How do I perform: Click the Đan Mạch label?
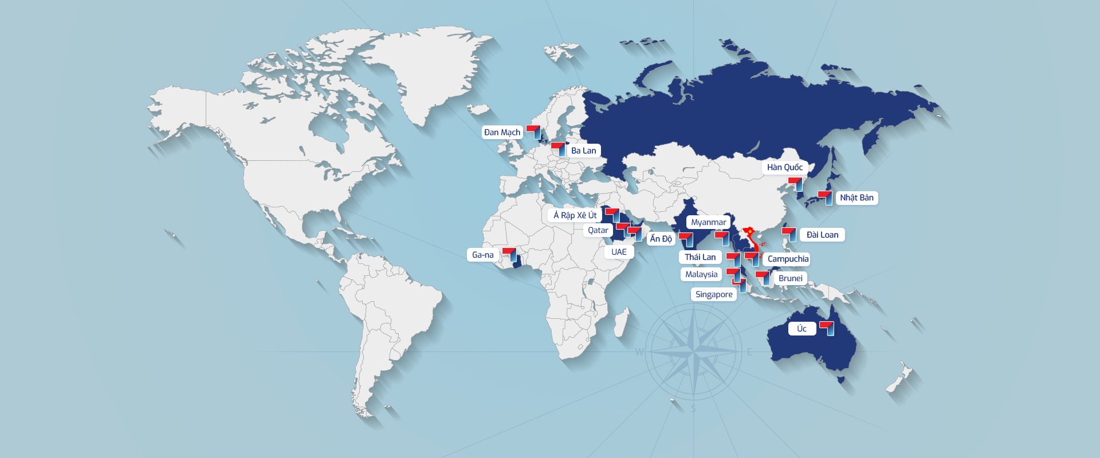click(x=502, y=132)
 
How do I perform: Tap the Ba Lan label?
click(x=583, y=151)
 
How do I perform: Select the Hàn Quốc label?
click(x=784, y=167)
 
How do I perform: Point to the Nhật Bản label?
click(x=857, y=198)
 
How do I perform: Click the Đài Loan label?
click(x=822, y=235)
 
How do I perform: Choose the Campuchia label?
click(x=788, y=259)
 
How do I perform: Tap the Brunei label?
click(x=790, y=278)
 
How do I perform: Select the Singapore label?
click(x=714, y=294)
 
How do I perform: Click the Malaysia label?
click(x=701, y=274)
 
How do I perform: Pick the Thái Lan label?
click(x=700, y=257)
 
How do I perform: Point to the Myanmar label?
click(x=708, y=222)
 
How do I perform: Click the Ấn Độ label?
click(x=661, y=239)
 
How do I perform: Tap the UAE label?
click(x=619, y=252)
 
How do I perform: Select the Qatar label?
click(x=598, y=230)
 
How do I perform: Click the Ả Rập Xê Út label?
click(x=575, y=215)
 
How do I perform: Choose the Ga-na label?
click(x=482, y=255)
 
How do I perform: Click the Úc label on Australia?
click(x=802, y=329)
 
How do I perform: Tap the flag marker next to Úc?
click(x=827, y=327)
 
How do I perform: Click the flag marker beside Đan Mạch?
click(x=534, y=131)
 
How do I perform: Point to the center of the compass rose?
click(x=694, y=352)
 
